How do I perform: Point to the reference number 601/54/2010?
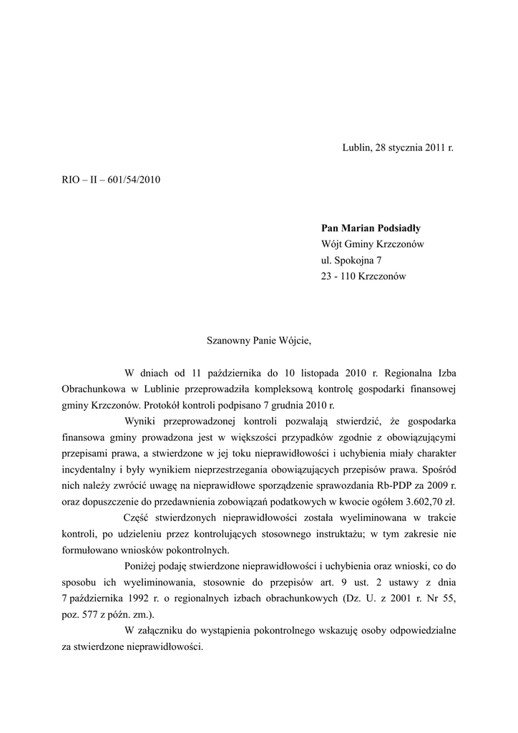tap(135, 179)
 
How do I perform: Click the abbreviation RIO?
tap(72, 179)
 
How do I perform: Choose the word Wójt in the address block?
tap(333, 244)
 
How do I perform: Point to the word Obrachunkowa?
tap(94, 389)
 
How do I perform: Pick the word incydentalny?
tap(91, 470)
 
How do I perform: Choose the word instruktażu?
tap(333, 534)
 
